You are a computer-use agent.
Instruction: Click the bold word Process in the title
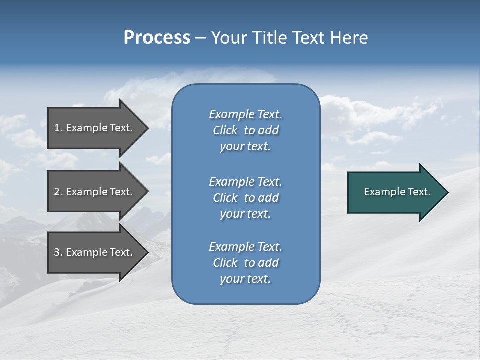(157, 38)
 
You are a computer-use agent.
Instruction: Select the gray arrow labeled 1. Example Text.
(95, 128)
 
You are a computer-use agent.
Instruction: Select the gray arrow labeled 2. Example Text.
(95, 192)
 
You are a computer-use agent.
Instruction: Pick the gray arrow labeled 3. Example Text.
(95, 252)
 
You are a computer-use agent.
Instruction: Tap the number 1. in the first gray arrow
(58, 128)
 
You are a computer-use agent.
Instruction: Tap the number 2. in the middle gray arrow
(58, 192)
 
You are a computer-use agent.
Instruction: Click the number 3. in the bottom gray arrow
(58, 252)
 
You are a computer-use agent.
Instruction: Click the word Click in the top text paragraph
(225, 130)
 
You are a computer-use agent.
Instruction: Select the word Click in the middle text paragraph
(225, 198)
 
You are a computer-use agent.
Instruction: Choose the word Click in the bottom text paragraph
(225, 263)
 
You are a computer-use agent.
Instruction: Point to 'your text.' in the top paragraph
(245, 147)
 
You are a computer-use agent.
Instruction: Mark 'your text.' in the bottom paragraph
(245, 279)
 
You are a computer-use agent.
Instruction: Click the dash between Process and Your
(200, 38)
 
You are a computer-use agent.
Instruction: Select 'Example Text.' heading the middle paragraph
(245, 182)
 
